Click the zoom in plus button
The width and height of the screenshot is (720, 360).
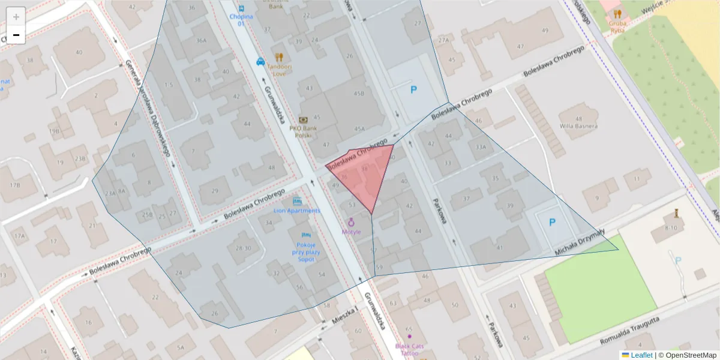16,16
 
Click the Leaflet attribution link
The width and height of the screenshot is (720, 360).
640,355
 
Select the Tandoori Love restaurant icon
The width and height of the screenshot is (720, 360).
278,57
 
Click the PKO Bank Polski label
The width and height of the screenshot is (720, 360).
303,131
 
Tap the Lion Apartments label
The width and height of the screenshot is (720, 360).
297,211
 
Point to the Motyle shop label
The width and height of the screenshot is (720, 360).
351,231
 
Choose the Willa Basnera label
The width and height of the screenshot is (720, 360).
578,126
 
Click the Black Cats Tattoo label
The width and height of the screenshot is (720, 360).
410,349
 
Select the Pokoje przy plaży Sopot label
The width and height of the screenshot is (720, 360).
306,252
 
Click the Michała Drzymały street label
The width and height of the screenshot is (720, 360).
581,241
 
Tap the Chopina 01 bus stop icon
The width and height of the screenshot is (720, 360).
241,8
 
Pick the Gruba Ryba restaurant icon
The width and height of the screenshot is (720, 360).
617,14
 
